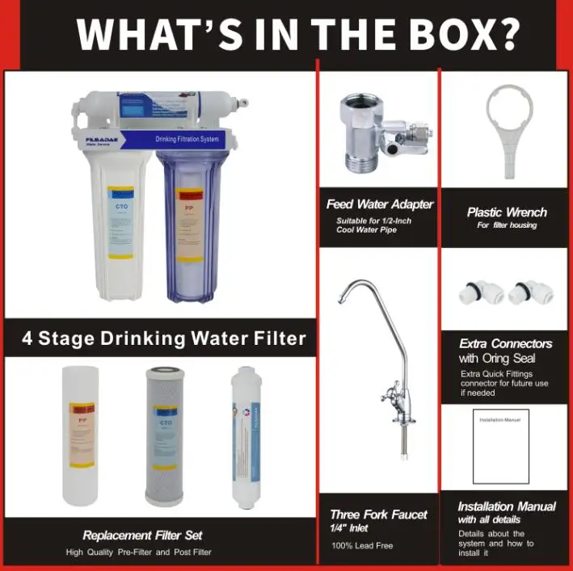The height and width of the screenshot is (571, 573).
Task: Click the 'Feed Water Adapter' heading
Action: click(379, 204)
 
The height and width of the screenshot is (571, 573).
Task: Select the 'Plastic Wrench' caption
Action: click(507, 212)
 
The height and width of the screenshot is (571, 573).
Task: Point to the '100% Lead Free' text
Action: click(362, 545)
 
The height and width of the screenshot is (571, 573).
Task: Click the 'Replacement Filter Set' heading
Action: click(142, 535)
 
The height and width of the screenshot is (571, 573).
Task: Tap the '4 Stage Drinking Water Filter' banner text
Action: click(164, 338)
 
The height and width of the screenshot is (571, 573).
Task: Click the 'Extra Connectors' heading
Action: click(506, 343)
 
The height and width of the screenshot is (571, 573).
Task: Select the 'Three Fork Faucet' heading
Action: click(378, 514)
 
